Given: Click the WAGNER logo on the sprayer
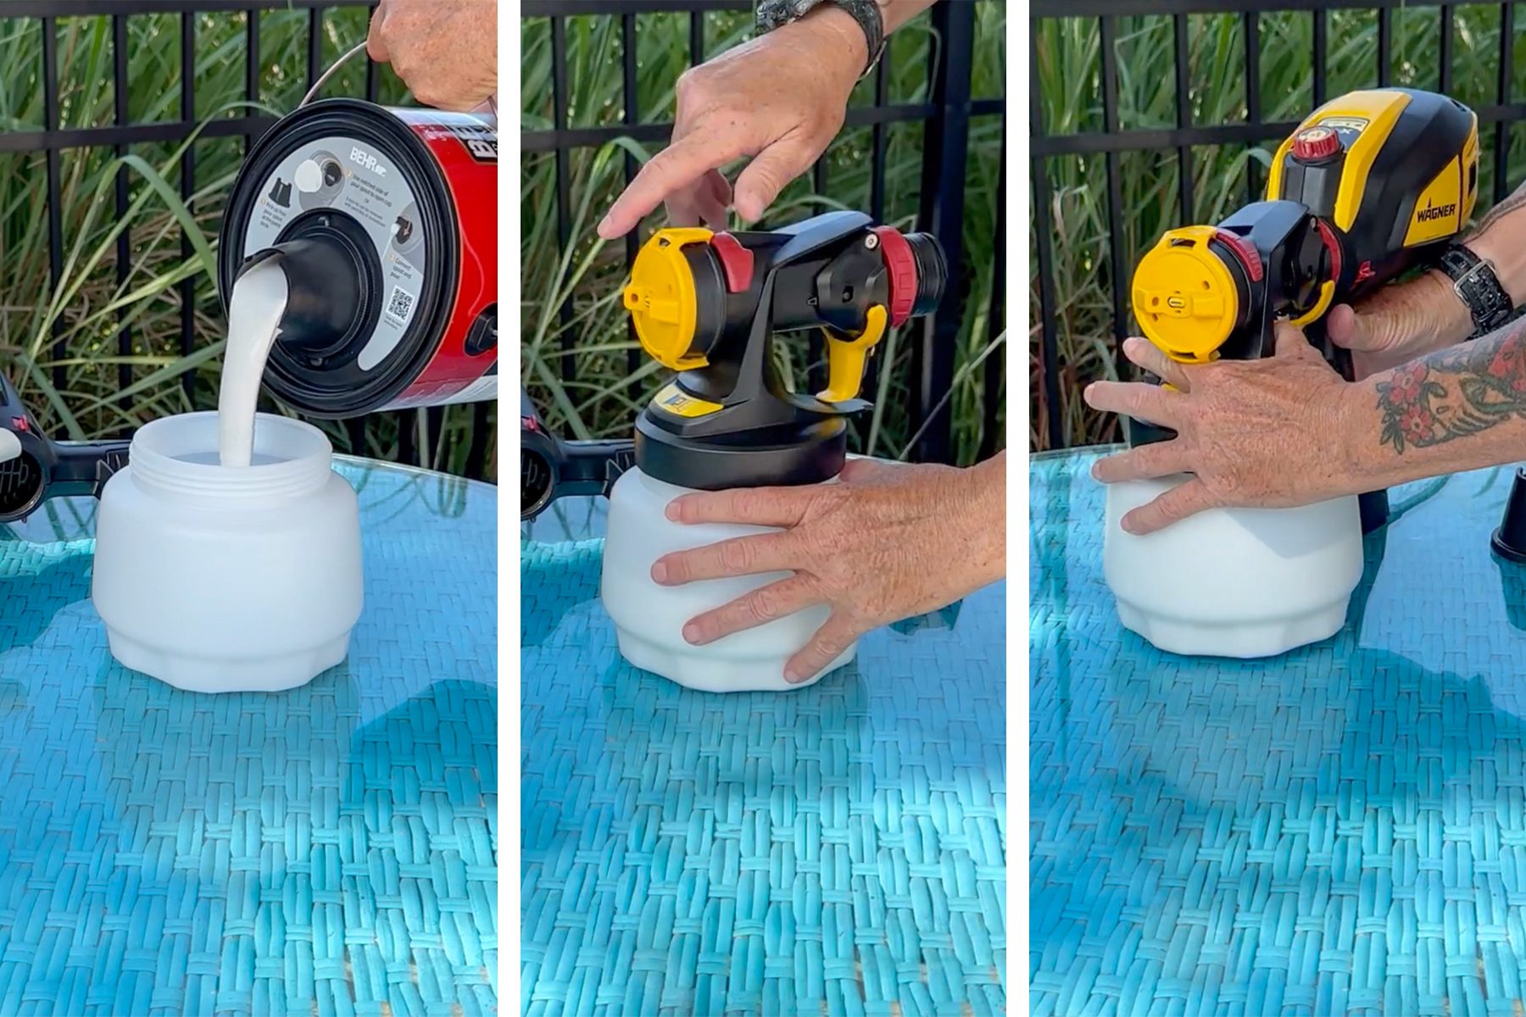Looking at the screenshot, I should click(1435, 209).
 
